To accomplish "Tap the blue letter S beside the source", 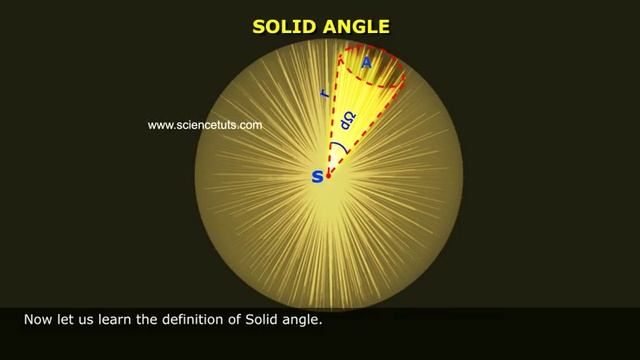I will coord(318,176).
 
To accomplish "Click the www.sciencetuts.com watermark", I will coord(204,126).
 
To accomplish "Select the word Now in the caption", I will coord(37,321).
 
